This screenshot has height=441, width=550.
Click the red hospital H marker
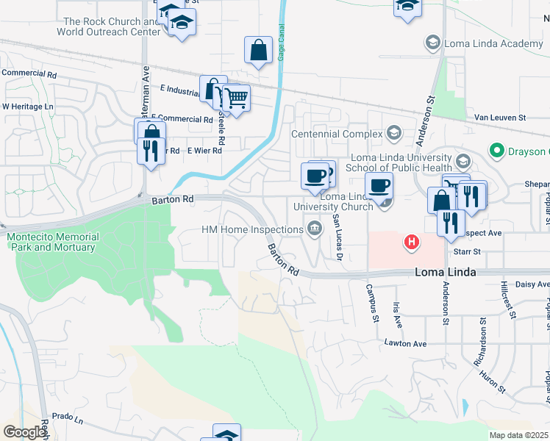[412, 241]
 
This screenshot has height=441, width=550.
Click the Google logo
[25, 432]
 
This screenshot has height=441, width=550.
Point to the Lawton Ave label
[405, 343]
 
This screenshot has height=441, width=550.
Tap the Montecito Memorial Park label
[51, 242]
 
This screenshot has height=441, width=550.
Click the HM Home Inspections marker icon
[315, 229]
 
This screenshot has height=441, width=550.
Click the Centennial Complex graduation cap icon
[394, 134]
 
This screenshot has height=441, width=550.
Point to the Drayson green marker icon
[497, 152]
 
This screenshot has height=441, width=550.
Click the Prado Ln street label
[68, 417]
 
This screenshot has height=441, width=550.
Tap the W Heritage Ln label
[28, 107]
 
